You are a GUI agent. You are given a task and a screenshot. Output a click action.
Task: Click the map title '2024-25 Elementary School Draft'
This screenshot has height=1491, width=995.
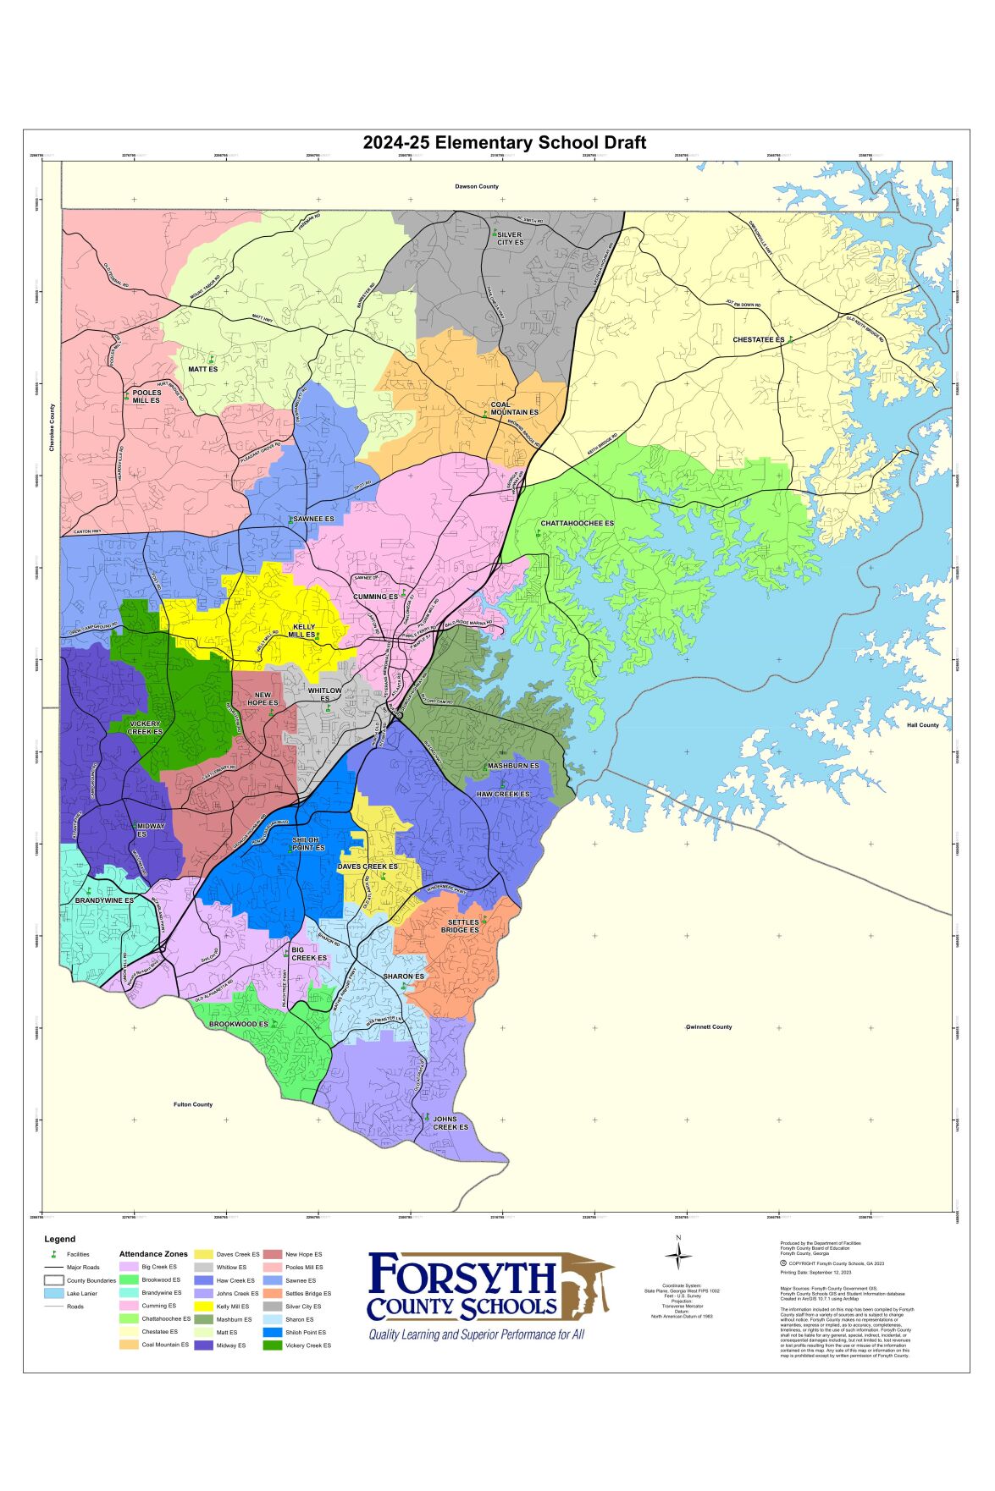point(505,142)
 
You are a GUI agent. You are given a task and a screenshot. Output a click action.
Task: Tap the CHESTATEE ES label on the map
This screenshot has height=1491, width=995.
point(759,339)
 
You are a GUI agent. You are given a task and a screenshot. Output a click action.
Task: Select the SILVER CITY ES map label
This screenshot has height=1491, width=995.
point(510,238)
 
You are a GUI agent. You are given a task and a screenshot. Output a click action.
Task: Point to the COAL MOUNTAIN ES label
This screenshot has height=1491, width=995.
point(514,409)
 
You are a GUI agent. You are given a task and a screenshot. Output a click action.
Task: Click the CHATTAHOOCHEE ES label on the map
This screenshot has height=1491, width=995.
point(577,524)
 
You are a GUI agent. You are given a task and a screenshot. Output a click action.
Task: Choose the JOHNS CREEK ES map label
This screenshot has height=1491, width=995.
point(450,1122)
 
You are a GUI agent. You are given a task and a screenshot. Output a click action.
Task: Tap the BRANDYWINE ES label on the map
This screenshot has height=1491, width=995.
point(104,900)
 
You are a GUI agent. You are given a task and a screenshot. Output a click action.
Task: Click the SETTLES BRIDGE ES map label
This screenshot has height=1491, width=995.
point(460,926)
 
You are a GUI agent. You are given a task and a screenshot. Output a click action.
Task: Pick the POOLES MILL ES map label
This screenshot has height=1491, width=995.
point(146,396)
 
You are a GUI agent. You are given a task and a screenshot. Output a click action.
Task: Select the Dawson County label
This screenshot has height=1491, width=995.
point(477,186)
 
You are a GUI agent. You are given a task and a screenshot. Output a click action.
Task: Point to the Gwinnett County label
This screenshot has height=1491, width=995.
point(709,1026)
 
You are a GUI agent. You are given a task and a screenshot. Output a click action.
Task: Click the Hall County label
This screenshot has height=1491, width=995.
point(922,724)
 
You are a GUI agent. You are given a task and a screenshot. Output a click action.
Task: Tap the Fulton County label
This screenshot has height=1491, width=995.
point(193,1104)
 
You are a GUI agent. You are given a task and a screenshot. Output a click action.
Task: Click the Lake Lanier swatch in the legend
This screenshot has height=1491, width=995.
point(54,1293)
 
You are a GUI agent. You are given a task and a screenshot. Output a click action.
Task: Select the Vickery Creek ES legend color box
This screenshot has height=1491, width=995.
point(273,1345)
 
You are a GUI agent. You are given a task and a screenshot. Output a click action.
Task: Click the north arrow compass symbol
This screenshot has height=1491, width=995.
point(678,1258)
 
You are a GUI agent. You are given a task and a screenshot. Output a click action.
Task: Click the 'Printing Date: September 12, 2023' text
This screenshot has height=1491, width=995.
point(815,1272)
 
